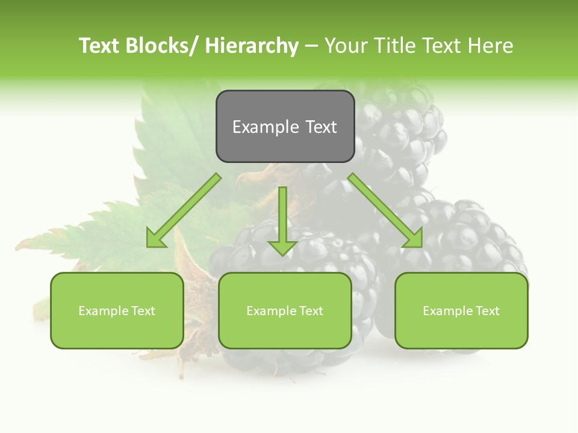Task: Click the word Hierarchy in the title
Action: tap(252, 46)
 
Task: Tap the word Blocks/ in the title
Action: tap(164, 46)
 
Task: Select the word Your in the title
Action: tap(344, 46)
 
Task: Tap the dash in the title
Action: tap(311, 46)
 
